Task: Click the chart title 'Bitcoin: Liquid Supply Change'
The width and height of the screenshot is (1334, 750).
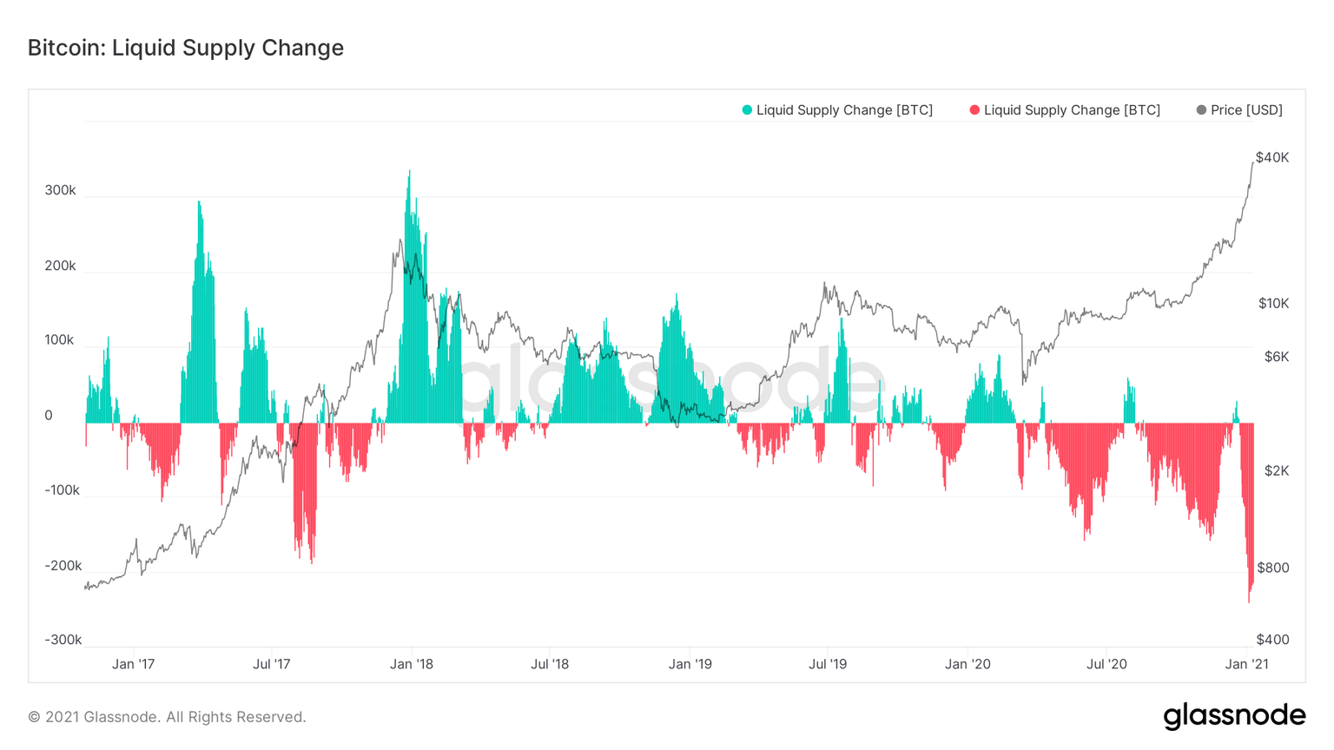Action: pyautogui.click(x=185, y=48)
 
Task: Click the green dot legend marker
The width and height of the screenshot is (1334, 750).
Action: pyautogui.click(x=747, y=110)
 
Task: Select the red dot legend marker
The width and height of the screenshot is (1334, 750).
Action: pyautogui.click(x=974, y=110)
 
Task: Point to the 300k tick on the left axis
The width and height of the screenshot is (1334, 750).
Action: pyautogui.click(x=61, y=190)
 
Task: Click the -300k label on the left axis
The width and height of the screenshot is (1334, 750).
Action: pyautogui.click(x=63, y=640)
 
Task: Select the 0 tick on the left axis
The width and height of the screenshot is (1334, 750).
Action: pyautogui.click(x=49, y=415)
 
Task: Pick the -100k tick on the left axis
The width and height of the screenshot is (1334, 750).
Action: pyautogui.click(x=63, y=490)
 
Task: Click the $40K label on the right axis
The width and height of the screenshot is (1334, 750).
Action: pyautogui.click(x=1272, y=157)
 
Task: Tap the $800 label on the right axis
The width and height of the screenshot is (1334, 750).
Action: pyautogui.click(x=1273, y=568)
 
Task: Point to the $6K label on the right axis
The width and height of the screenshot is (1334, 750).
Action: pyautogui.click(x=1276, y=357)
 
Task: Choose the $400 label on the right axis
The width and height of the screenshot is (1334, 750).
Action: pyautogui.click(x=1273, y=640)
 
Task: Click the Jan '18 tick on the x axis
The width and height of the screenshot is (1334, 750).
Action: pyautogui.click(x=412, y=664)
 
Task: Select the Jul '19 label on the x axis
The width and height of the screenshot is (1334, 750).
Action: pyautogui.click(x=828, y=664)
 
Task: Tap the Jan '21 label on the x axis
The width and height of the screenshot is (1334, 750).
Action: pyautogui.click(x=1247, y=664)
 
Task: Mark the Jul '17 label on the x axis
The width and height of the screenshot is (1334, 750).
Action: pyautogui.click(x=272, y=664)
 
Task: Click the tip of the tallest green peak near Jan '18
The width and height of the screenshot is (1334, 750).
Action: pyautogui.click(x=409, y=172)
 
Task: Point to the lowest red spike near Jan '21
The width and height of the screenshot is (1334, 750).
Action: pyautogui.click(x=1249, y=601)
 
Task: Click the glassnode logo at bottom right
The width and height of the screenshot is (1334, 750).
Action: pyautogui.click(x=1234, y=716)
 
